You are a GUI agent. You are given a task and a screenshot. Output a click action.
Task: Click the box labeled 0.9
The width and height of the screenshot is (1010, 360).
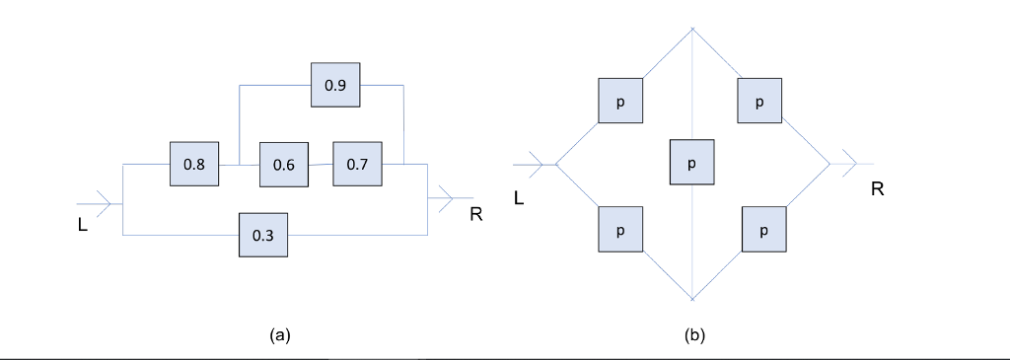tap(335, 86)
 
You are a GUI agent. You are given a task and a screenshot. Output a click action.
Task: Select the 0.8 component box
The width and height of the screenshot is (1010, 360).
tap(194, 165)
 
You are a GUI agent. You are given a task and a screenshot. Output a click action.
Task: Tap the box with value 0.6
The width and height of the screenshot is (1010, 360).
tap(283, 165)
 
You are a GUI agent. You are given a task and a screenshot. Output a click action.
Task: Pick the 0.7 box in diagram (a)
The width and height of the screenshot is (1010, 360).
tap(357, 164)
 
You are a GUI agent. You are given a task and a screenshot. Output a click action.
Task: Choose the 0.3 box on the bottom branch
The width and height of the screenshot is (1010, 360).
tap(263, 235)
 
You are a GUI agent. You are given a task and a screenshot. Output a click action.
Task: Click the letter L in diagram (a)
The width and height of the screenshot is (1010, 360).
tap(82, 225)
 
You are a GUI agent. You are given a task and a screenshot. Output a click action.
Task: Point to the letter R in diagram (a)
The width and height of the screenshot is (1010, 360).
tap(475, 214)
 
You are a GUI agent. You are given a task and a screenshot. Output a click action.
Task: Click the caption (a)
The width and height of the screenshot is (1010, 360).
tap(279, 335)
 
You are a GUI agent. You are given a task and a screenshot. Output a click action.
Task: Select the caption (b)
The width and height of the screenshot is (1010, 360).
tap(694, 335)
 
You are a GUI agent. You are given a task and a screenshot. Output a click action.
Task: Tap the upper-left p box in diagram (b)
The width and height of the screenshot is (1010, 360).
tap(620, 101)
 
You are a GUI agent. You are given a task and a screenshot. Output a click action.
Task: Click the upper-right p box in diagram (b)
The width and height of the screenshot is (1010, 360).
tap(758, 101)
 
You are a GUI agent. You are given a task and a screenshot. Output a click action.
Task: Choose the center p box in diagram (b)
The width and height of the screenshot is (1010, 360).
tap(691, 163)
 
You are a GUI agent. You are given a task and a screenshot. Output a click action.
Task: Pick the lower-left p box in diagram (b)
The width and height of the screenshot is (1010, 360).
tap(620, 230)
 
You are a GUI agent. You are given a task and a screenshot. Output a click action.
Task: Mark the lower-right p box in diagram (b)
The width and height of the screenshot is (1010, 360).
tap(763, 230)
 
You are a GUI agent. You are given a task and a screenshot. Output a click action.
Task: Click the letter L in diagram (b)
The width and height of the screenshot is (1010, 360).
tap(520, 198)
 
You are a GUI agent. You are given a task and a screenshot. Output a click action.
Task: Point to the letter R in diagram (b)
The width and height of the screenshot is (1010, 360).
tap(877, 189)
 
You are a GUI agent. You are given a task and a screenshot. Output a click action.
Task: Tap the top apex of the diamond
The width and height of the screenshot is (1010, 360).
tap(693, 29)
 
